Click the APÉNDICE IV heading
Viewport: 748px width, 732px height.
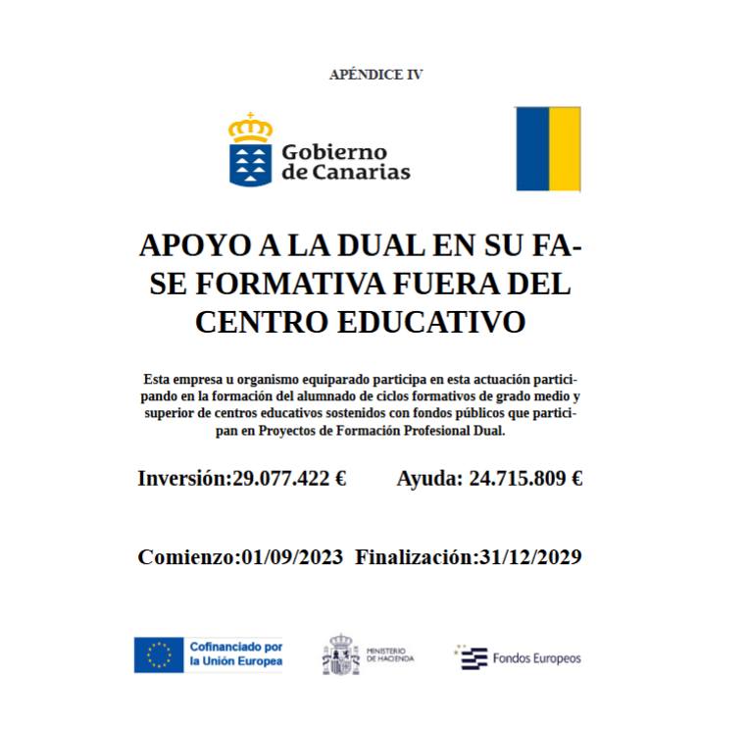[375, 75]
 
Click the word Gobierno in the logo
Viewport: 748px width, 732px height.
[334, 152]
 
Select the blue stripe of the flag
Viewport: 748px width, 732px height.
[531, 148]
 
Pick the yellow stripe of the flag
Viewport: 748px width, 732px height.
[565, 148]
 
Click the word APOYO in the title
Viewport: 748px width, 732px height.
[185, 245]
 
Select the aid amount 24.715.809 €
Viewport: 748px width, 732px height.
[526, 479]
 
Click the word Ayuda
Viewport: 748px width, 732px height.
[428, 479]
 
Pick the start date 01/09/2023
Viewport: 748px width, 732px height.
[291, 557]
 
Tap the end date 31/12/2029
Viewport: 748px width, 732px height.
[530, 557]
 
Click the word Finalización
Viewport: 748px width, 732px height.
[415, 557]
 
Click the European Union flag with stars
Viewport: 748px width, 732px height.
[159, 654]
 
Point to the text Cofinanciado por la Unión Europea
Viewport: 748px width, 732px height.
[235, 654]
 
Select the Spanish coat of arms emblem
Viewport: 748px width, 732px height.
[340, 654]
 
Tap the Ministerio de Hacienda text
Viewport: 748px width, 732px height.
[390, 655]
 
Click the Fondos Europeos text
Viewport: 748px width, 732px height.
[536, 657]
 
